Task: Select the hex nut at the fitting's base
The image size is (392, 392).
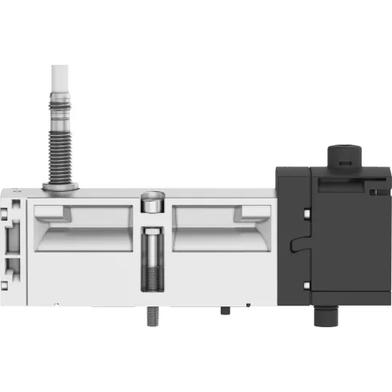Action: tap(60, 187)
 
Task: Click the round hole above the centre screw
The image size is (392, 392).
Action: tap(151, 202)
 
